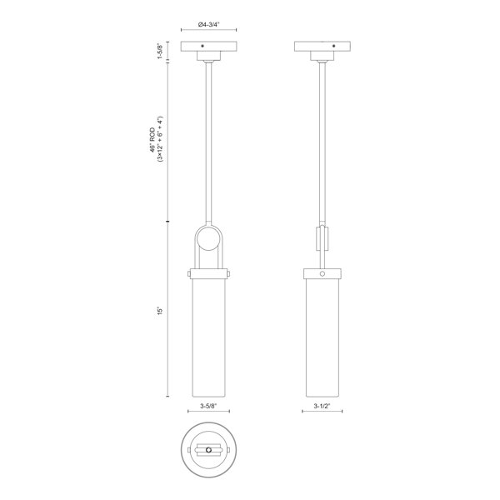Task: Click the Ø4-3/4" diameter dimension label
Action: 209,24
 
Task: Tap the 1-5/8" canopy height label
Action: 160,51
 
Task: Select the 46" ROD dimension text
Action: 152,140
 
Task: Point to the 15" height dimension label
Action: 160,311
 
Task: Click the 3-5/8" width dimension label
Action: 208,406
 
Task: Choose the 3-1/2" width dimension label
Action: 322,406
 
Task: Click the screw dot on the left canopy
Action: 202,46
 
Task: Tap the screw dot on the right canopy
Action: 333,46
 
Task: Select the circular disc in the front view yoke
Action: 208,239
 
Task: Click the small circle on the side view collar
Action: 322,273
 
